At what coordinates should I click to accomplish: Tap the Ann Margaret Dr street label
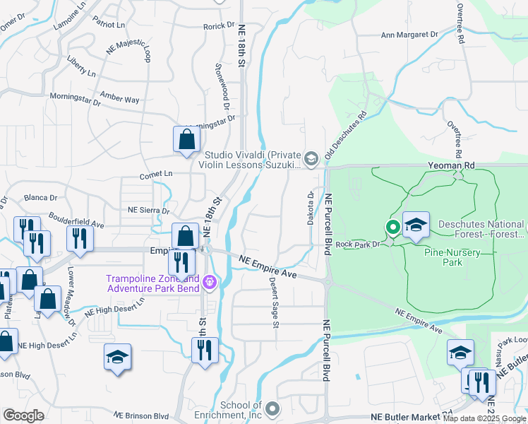point(409,34)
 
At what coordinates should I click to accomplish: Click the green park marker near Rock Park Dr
point(392,228)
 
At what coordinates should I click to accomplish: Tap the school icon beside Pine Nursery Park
point(416,225)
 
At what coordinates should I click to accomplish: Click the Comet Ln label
point(157,173)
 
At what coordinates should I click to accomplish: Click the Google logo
point(24,415)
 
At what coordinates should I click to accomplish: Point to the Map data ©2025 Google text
point(484,418)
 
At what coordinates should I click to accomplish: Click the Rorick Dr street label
point(218,25)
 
